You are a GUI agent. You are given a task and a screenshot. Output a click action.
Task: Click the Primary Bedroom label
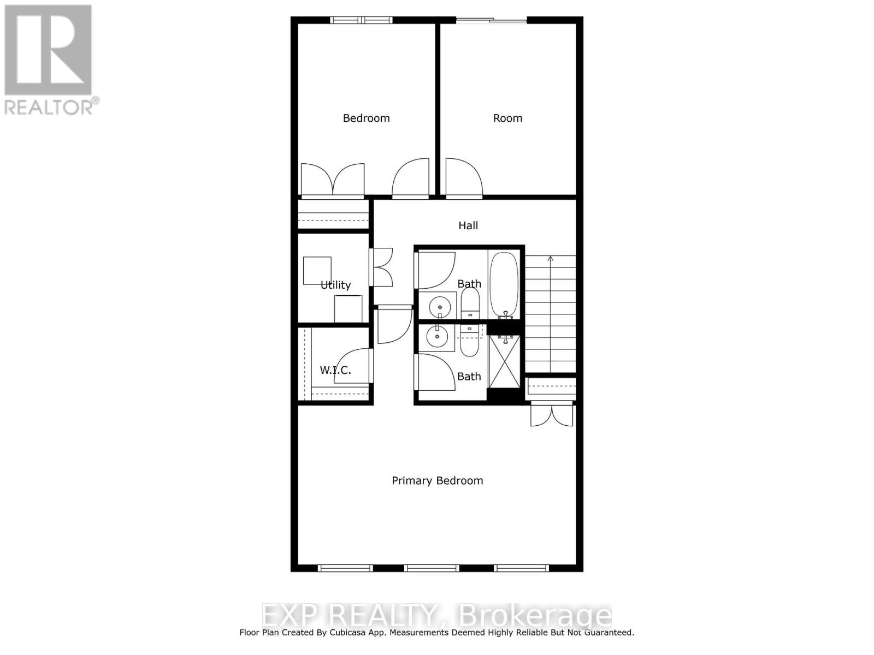click(x=437, y=481)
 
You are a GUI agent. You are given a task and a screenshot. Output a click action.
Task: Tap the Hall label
click(x=468, y=225)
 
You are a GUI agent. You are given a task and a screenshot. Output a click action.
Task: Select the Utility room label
click(x=335, y=285)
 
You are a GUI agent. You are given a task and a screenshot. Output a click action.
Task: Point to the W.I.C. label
click(x=335, y=370)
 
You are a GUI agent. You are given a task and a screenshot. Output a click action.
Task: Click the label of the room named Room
click(x=507, y=118)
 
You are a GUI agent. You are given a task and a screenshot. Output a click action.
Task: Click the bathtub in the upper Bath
click(x=504, y=284)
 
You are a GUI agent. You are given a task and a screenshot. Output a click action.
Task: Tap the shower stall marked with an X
click(x=504, y=362)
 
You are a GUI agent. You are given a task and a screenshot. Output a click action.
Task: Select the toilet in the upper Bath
click(x=470, y=303)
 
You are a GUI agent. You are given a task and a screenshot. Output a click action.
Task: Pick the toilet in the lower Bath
click(x=470, y=341)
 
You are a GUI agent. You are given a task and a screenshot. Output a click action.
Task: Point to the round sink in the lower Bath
click(x=437, y=337)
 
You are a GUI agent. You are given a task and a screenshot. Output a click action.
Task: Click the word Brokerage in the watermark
click(x=535, y=616)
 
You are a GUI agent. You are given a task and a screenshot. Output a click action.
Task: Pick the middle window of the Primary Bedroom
click(x=432, y=568)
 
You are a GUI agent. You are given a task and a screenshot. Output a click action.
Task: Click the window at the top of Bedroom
click(x=361, y=20)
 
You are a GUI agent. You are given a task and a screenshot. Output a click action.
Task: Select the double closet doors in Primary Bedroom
click(x=552, y=415)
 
